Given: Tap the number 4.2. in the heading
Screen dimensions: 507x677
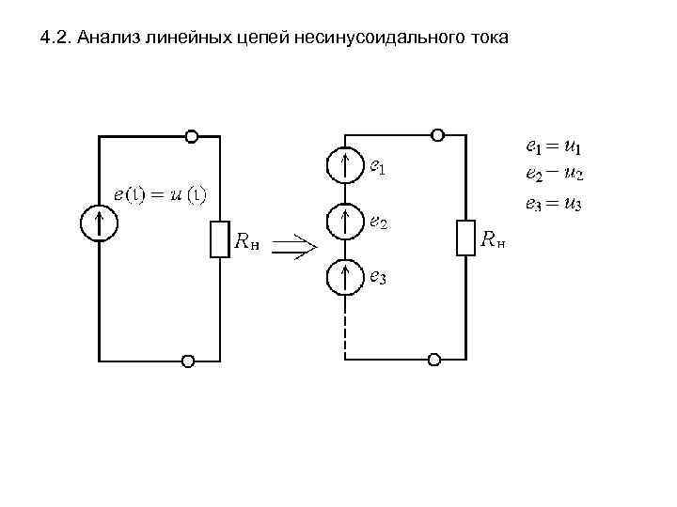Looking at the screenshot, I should tap(57, 38).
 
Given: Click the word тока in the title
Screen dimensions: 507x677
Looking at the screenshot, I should tap(485, 38).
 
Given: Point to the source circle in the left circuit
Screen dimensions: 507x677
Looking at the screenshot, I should tap(99, 223).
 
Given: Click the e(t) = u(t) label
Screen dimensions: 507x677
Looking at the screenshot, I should tap(160, 194).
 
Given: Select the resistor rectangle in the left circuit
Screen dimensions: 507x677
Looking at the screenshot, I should tap(218, 238).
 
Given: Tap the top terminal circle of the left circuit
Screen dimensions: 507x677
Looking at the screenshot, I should tap(191, 137).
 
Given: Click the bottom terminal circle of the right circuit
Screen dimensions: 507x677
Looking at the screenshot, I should tap(434, 360).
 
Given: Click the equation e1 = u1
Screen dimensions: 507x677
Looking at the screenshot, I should tap(553, 147).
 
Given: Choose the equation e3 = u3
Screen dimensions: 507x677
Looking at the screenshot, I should tap(553, 203).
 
